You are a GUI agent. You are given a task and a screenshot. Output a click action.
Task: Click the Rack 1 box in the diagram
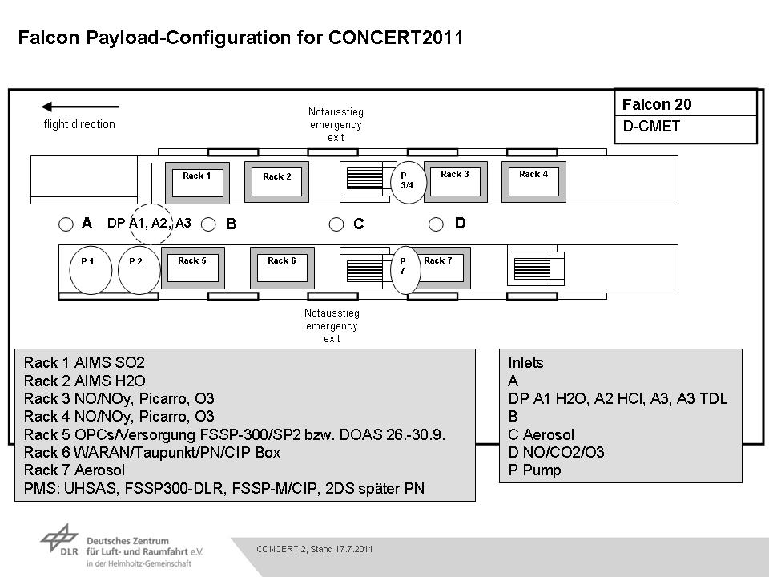tap(197, 183)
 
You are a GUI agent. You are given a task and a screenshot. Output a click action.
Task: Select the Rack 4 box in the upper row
tap(533, 182)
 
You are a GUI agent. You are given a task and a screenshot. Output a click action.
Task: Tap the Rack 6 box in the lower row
tap(282, 268)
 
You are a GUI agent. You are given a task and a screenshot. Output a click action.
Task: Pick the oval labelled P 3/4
tap(409, 182)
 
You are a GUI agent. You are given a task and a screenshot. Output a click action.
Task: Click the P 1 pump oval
tap(91, 270)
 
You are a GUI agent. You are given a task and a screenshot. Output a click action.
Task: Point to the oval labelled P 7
tap(405, 270)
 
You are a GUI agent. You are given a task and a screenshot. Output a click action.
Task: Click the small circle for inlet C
tap(336, 224)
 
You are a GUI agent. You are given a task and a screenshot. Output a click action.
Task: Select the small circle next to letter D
tap(436, 224)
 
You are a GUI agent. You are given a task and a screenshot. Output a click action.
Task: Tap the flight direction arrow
tap(80, 107)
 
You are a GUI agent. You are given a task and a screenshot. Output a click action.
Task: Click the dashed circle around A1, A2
tap(151, 203)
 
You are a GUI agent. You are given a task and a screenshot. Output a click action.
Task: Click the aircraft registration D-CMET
tap(651, 126)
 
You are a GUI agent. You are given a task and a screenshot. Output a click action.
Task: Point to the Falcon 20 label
tap(657, 104)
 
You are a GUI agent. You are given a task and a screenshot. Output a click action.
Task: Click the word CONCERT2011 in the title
tap(396, 38)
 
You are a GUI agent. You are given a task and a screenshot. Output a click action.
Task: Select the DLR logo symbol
tap(58, 538)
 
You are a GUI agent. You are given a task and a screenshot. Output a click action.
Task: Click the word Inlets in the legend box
tap(525, 363)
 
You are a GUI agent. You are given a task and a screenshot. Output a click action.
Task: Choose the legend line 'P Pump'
tap(534, 470)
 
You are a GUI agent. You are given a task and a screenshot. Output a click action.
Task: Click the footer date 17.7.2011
tap(353, 549)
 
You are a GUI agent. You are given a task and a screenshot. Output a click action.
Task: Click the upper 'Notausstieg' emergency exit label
tap(336, 112)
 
